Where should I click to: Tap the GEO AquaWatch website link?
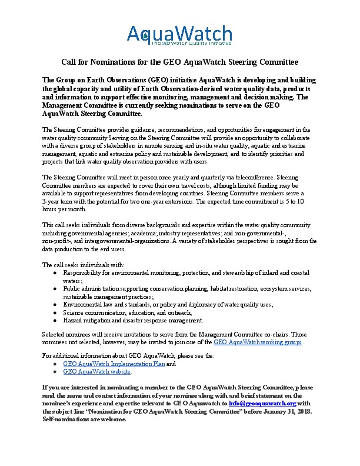[x=96, y=372]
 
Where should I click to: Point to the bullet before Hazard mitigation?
[x=55, y=320]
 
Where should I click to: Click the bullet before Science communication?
[x=55, y=312]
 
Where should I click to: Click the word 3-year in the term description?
[x=53, y=200]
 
